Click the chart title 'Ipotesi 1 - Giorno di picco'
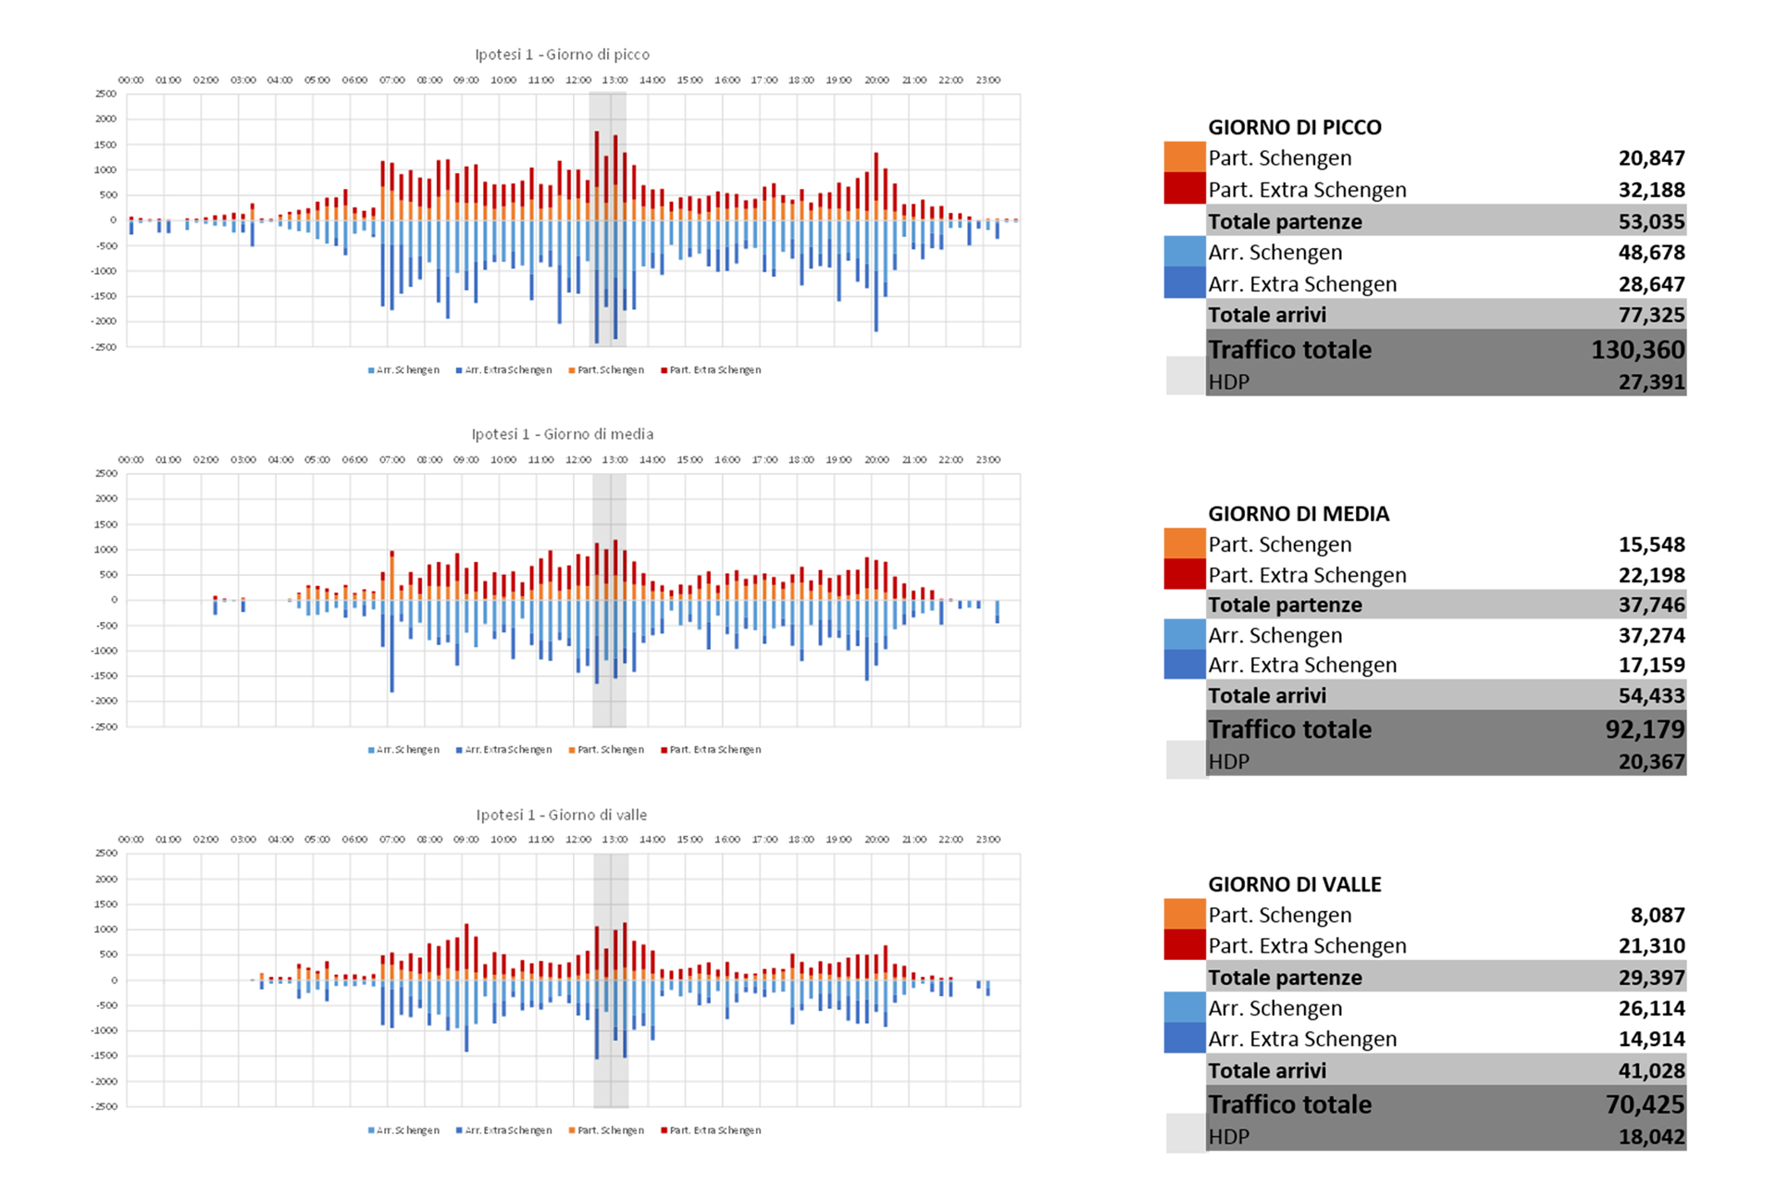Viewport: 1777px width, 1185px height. click(x=562, y=55)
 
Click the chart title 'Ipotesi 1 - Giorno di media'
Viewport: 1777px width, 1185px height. click(x=562, y=434)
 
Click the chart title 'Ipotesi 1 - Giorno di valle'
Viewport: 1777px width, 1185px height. click(x=562, y=815)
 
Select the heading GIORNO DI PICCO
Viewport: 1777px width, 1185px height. click(x=1294, y=128)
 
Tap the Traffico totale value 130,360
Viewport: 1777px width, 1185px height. click(x=1637, y=350)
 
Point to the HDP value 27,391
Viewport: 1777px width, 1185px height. click(x=1651, y=382)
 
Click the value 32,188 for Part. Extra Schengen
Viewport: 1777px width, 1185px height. click(x=1651, y=190)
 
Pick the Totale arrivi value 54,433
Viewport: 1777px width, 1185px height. click(x=1651, y=695)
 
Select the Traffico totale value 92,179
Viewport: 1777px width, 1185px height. click(x=1645, y=730)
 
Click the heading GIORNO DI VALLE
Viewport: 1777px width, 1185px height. click(x=1294, y=884)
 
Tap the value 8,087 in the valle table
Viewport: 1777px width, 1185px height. click(x=1657, y=915)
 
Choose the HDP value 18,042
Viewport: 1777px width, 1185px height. click(x=1651, y=1137)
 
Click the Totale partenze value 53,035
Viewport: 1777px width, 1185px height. click(x=1651, y=221)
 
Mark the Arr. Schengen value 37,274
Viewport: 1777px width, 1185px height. click(x=1651, y=635)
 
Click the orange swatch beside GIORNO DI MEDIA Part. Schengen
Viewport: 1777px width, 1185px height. click(x=1184, y=543)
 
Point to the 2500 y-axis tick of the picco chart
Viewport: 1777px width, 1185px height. click(x=106, y=94)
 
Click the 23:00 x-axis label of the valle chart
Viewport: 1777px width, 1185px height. click(x=988, y=840)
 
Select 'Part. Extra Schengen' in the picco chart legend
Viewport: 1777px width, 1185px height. click(x=715, y=370)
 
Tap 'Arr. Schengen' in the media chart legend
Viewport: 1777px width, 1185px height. click(x=407, y=750)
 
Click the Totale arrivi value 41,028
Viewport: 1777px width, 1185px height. click(x=1651, y=1070)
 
